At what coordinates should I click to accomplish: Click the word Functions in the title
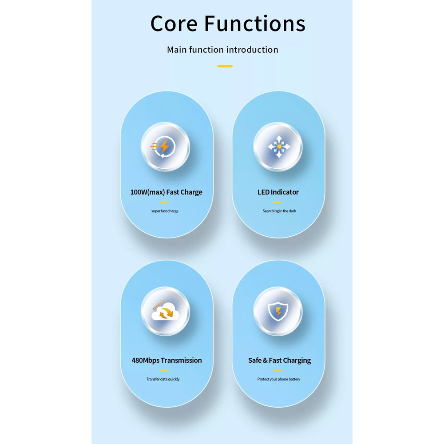pyautogui.click(x=255, y=24)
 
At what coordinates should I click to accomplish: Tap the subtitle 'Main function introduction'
pyautogui.click(x=222, y=50)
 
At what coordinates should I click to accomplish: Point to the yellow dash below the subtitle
pyautogui.click(x=225, y=66)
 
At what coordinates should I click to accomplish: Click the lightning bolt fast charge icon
pyautogui.click(x=165, y=146)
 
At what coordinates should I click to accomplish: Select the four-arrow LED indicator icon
pyautogui.click(x=278, y=146)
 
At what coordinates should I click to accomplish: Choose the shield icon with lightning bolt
pyautogui.click(x=278, y=312)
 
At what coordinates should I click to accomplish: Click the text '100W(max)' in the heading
pyautogui.click(x=147, y=192)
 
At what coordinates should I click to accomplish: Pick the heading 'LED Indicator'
pyautogui.click(x=278, y=192)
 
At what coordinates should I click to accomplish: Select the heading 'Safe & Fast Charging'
pyautogui.click(x=280, y=360)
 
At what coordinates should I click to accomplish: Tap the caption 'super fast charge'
pyautogui.click(x=165, y=211)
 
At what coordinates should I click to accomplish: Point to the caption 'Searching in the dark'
pyautogui.click(x=279, y=211)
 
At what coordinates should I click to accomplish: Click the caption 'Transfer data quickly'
pyautogui.click(x=163, y=379)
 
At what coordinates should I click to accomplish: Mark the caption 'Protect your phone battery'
pyautogui.click(x=279, y=379)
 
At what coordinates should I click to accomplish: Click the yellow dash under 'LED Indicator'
pyautogui.click(x=277, y=202)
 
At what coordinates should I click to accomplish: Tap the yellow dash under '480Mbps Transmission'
pyautogui.click(x=164, y=370)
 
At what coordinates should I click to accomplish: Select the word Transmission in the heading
pyautogui.click(x=181, y=360)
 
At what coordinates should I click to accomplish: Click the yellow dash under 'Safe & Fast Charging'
pyautogui.click(x=277, y=370)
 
